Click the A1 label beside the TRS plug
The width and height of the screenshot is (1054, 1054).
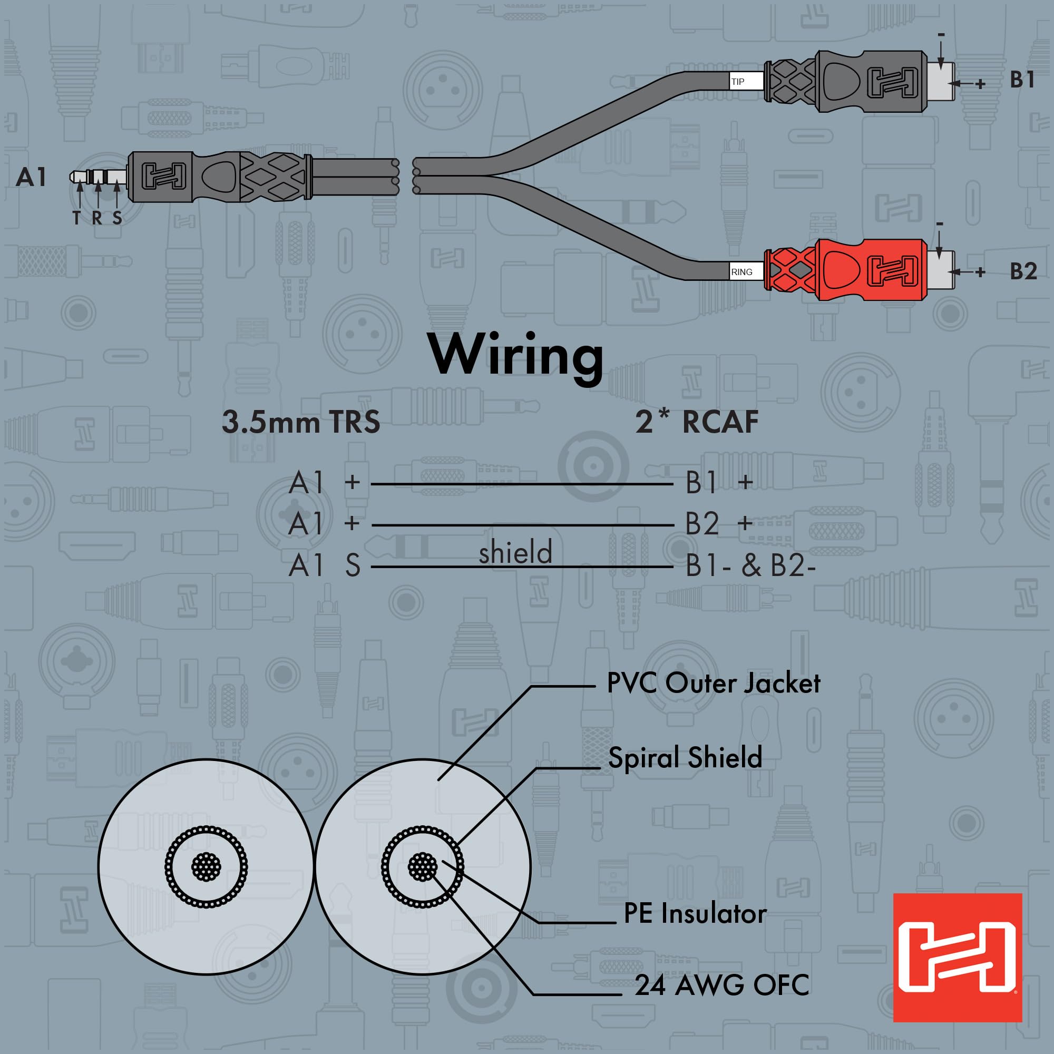pos(32,177)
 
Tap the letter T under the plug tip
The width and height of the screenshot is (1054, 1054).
pos(77,218)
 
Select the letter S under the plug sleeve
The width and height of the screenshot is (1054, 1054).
pos(118,218)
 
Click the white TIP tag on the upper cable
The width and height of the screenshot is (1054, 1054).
pos(746,82)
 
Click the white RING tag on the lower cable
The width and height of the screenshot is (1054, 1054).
pos(746,272)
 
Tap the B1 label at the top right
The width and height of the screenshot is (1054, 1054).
pos(1022,80)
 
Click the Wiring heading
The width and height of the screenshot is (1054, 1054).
pos(515,356)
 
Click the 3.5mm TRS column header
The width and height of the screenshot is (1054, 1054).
pos(300,422)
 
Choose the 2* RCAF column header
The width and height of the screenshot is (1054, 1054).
pos(697,422)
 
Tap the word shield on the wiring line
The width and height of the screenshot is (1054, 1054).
pos(515,553)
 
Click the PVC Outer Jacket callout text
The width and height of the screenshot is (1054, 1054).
pos(713,683)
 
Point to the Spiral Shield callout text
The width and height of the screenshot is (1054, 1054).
pos(685,757)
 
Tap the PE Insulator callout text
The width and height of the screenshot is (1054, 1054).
pos(695,913)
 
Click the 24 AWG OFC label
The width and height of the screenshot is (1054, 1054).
pos(721,985)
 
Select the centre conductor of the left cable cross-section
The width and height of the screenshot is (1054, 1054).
pos(206,866)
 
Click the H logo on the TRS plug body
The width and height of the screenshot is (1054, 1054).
pos(164,177)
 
